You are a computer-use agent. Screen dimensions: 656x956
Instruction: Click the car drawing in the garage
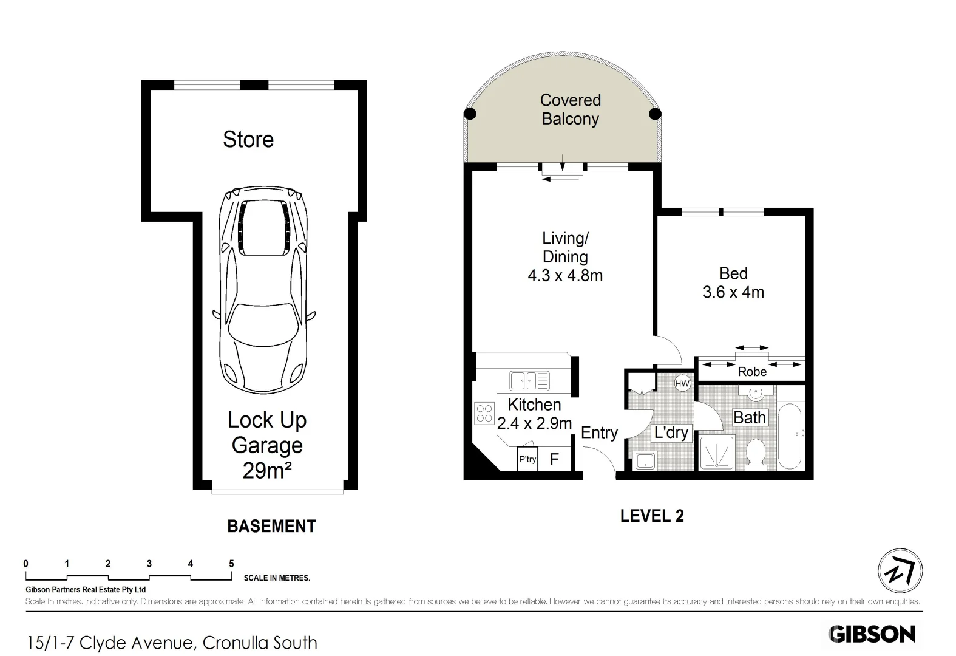[x=264, y=292]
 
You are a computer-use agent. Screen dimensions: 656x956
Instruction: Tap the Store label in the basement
[x=248, y=140]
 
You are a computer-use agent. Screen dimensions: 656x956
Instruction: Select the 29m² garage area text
[x=267, y=470]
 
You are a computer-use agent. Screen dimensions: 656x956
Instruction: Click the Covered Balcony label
[x=570, y=109]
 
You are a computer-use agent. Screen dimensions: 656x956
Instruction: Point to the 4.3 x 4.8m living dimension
[x=565, y=276]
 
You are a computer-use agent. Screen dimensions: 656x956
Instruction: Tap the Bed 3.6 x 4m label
[x=733, y=283]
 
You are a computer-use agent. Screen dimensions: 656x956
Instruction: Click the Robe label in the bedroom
[x=752, y=372]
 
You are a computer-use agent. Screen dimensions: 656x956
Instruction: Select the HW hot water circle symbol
[x=682, y=383]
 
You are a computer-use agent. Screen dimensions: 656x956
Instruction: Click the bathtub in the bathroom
[x=790, y=436]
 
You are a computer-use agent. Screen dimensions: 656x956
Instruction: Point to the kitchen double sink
[x=529, y=381]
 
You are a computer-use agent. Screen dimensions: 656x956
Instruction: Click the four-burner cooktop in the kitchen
[x=484, y=414]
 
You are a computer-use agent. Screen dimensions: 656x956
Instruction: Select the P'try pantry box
[x=527, y=459]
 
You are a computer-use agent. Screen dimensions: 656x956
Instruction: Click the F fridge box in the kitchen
[x=554, y=459]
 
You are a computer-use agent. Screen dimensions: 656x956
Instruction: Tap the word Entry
[x=599, y=432]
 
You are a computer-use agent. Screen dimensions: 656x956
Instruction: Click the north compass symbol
[x=900, y=571]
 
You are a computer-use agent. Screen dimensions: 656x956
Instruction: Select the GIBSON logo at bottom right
[x=872, y=634]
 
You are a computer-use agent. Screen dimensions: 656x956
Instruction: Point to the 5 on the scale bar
[x=231, y=564]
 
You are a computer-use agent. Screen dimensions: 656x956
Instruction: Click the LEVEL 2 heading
[x=652, y=516]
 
